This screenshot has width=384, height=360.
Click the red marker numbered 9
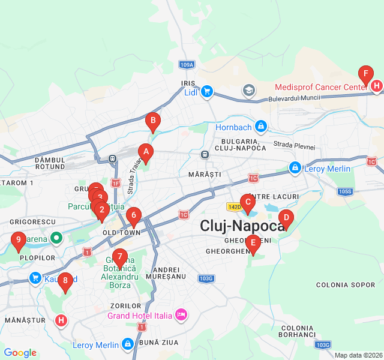coord(18,242)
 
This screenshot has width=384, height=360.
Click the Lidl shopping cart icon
coord(206,91)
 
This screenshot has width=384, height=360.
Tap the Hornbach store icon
coord(260,127)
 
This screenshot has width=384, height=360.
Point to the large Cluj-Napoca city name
coord(242,226)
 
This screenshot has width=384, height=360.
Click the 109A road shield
coord(187,64)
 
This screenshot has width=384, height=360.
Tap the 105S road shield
coord(345,192)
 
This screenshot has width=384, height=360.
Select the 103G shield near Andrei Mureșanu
coord(206,278)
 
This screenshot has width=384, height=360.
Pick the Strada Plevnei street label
coord(290,144)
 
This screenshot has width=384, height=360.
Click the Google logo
coord(20,353)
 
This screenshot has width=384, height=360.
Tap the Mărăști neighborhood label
coord(205,174)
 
